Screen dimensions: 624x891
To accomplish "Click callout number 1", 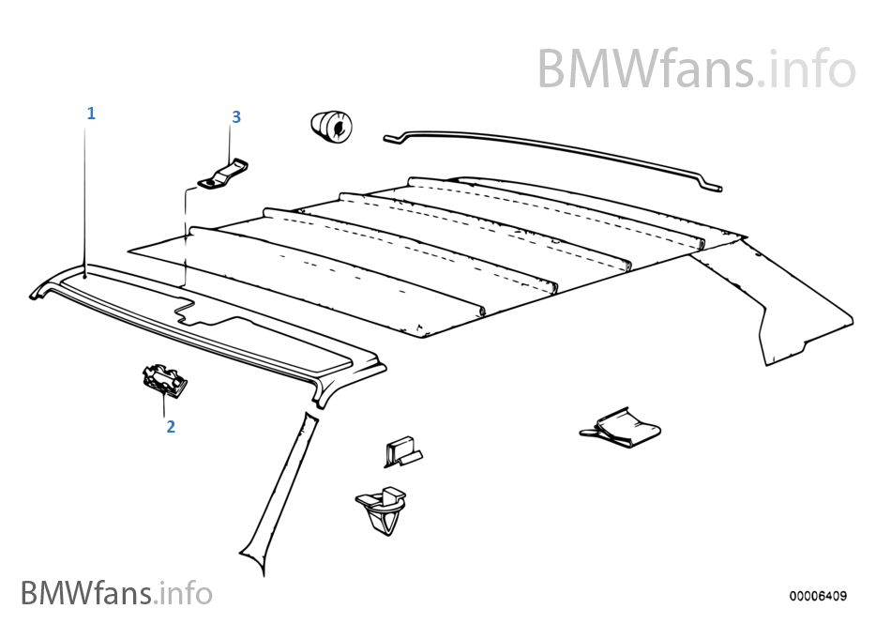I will pyautogui.click(x=91, y=114).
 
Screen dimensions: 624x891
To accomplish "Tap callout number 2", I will pyautogui.click(x=171, y=426).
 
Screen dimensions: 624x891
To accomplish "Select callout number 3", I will pyautogui.click(x=236, y=116).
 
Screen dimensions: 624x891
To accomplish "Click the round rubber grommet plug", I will pyautogui.click(x=333, y=127).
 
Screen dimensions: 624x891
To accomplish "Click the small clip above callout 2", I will pyautogui.click(x=163, y=380).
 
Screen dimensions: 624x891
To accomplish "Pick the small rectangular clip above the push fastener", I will pyautogui.click(x=401, y=452).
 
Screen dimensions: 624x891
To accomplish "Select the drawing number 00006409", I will pyautogui.click(x=817, y=596).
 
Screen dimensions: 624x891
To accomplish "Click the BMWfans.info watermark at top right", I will pyautogui.click(x=696, y=68).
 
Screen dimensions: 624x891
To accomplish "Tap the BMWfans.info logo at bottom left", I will pyautogui.click(x=116, y=593).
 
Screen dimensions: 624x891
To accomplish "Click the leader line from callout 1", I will pyautogui.click(x=85, y=197).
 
